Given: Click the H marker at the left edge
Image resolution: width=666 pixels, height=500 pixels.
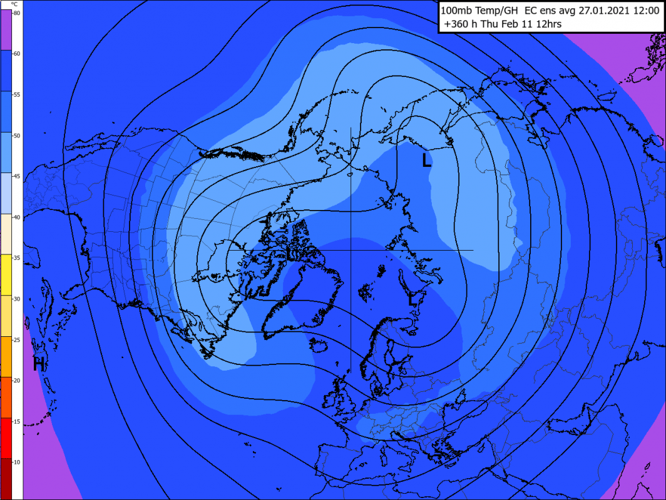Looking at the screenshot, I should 39,363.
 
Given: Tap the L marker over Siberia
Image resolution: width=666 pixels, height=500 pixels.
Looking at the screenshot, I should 426,161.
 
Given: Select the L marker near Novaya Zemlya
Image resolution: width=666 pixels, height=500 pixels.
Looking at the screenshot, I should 412,299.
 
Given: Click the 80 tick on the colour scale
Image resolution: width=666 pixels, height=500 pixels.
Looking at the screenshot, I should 17,13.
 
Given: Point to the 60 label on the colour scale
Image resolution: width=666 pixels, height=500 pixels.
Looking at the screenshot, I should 17,54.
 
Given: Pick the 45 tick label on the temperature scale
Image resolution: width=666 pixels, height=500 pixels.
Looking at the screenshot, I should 17,176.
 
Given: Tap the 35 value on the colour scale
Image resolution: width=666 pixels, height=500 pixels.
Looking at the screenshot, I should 17,257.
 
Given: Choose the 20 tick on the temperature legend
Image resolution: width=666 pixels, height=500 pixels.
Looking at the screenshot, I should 17,380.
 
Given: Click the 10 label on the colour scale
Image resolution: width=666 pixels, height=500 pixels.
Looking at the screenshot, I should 17,461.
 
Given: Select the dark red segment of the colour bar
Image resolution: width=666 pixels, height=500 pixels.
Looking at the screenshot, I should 11,478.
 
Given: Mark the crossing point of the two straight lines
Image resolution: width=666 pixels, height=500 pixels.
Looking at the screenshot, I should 351,250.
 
